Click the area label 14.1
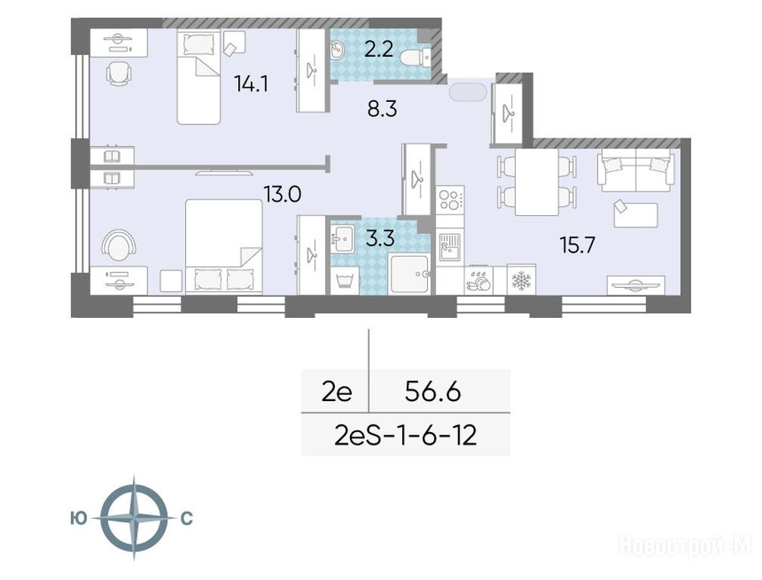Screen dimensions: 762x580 [x=251, y=84]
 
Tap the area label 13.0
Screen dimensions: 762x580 [x=283, y=194]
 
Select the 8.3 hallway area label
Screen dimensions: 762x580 [x=383, y=109]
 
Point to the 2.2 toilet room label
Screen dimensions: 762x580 [x=379, y=49]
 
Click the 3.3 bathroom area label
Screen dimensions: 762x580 [x=379, y=239]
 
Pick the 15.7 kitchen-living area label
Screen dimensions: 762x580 [x=578, y=245]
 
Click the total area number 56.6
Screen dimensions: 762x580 [x=432, y=392]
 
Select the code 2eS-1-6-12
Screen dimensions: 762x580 [x=406, y=435]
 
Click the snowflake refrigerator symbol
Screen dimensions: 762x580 [x=521, y=279]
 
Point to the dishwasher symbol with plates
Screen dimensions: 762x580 [x=479, y=281]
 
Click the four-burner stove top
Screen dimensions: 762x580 [x=451, y=199]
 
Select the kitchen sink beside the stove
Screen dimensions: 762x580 [x=451, y=246]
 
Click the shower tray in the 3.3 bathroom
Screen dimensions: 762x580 [x=409, y=274]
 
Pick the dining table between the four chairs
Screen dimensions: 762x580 [x=537, y=182]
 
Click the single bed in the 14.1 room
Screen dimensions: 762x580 [x=198, y=76]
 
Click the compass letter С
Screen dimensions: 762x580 [x=187, y=519]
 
